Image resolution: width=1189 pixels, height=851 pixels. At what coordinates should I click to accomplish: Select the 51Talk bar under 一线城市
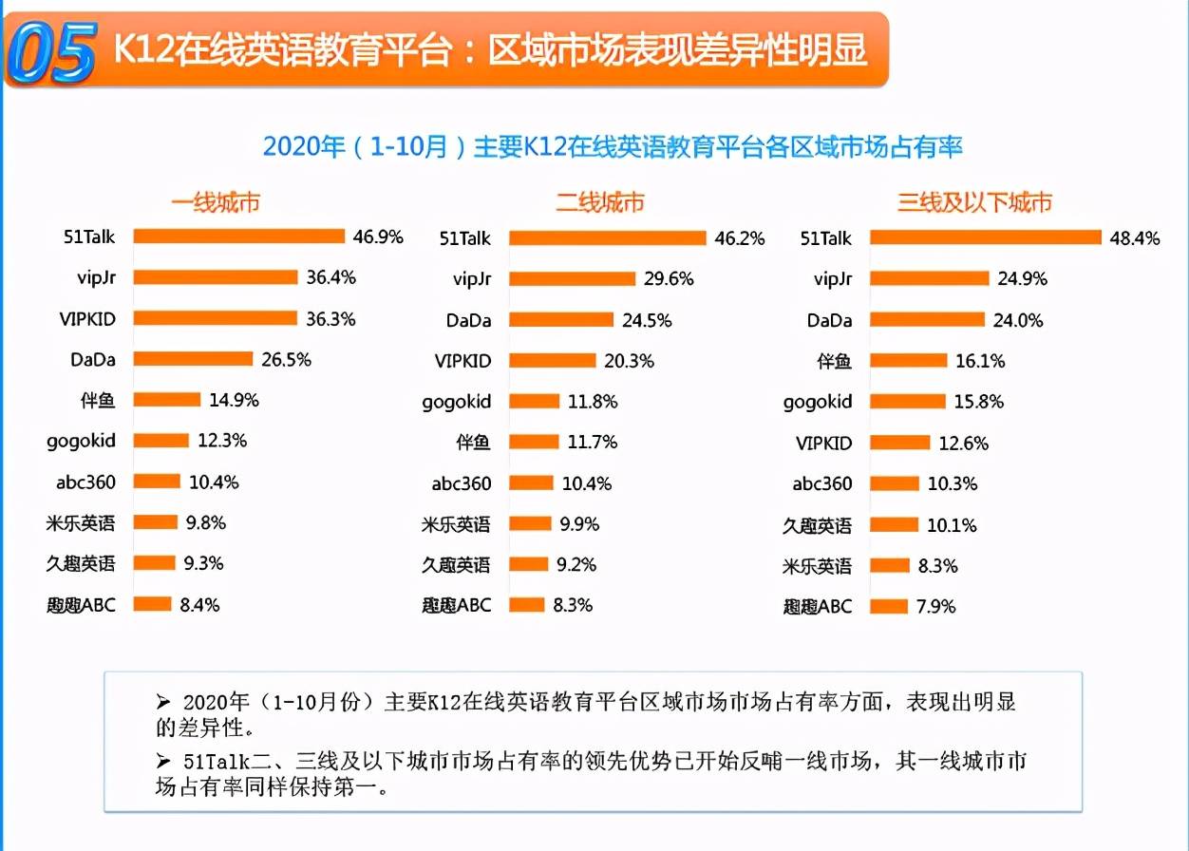pos(238,236)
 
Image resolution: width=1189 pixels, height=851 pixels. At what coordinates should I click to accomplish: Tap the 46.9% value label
pos(378,236)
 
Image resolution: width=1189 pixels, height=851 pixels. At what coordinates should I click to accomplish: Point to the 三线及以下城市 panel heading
pos(974,202)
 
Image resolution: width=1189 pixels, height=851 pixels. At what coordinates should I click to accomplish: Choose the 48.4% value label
pos(1134,238)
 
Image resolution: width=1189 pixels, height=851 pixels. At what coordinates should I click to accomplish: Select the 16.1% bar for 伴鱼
pos(909,361)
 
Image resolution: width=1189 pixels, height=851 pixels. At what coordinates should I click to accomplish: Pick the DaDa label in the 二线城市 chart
pos(468,320)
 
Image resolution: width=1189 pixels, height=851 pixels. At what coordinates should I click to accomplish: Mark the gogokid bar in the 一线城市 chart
pos(161,440)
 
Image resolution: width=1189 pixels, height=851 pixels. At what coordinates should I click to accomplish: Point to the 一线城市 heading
pos(216,202)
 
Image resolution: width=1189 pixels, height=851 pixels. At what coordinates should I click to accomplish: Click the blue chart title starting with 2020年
pos(613,147)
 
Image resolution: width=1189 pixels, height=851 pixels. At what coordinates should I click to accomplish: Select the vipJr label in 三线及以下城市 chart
pos(833,279)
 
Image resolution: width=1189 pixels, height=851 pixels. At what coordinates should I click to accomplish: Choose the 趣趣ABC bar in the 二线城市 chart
pos(526,604)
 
